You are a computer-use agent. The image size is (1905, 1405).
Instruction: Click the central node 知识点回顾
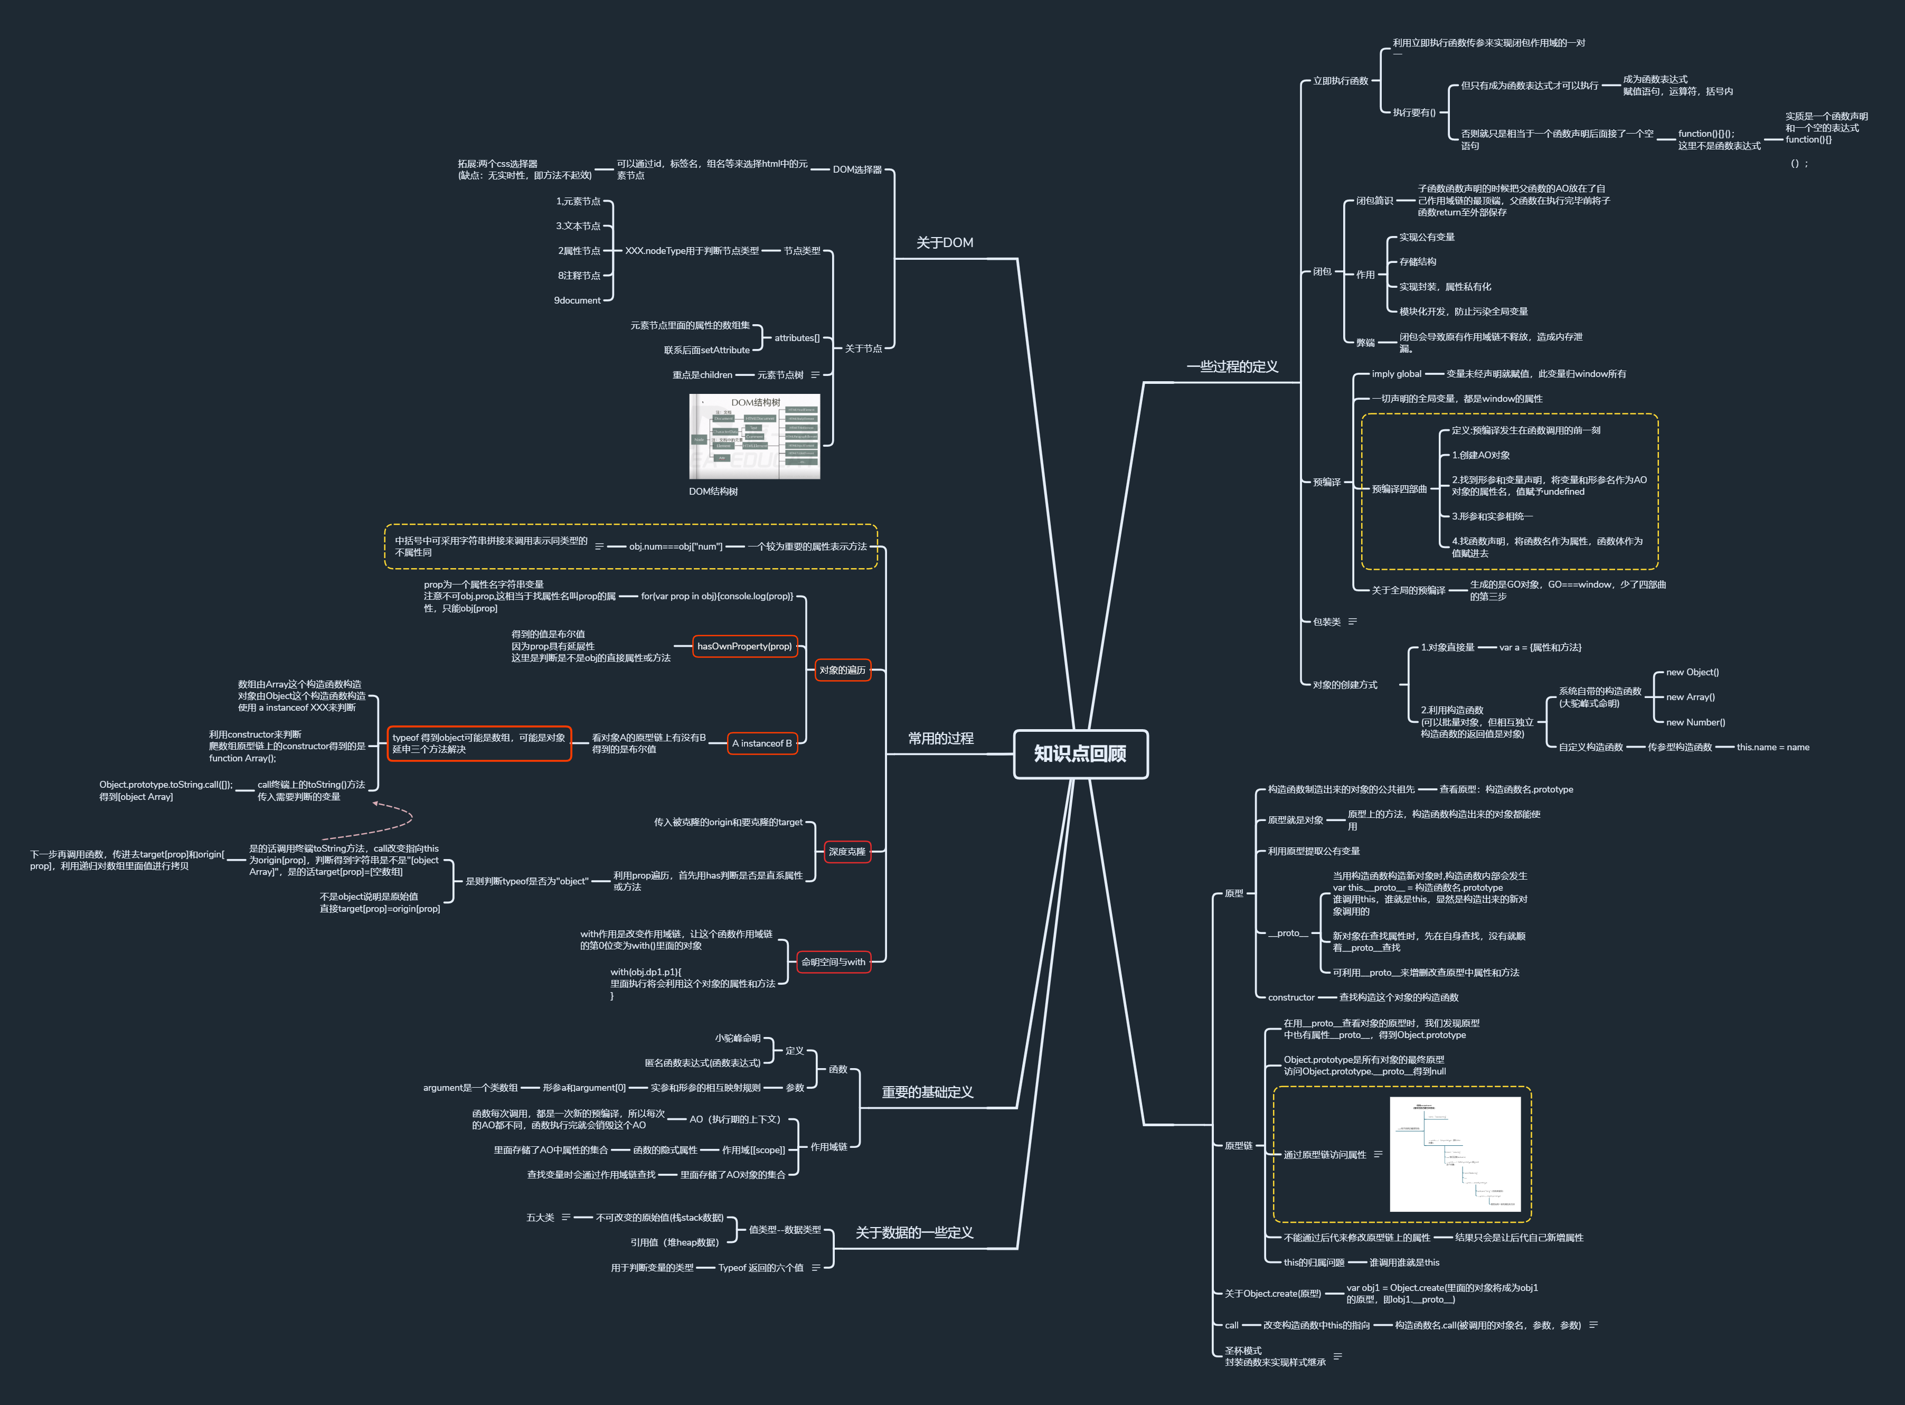(1080, 753)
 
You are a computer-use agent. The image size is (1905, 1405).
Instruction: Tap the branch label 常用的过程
(940, 738)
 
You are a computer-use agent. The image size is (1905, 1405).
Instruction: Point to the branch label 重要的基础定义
(927, 1092)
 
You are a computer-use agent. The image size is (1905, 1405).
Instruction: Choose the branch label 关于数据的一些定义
(914, 1232)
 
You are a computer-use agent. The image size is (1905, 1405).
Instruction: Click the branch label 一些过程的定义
(1232, 366)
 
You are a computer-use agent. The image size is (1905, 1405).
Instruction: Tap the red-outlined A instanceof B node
(762, 743)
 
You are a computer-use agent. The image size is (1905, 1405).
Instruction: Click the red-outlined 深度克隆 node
(847, 851)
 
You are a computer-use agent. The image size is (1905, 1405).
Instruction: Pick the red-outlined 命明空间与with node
(833, 962)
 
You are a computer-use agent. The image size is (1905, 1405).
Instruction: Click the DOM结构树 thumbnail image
(755, 436)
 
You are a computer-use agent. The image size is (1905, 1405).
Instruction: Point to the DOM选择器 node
(857, 169)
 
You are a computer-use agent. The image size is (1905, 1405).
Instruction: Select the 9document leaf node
(578, 300)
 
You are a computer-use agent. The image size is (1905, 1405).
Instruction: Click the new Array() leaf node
(1690, 697)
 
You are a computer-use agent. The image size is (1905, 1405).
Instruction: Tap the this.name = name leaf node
(1772, 748)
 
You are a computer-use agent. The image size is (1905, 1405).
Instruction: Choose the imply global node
(1397, 374)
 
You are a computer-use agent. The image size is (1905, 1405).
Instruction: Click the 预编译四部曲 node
(1399, 489)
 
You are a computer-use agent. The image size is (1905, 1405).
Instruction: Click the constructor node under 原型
(1291, 997)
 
